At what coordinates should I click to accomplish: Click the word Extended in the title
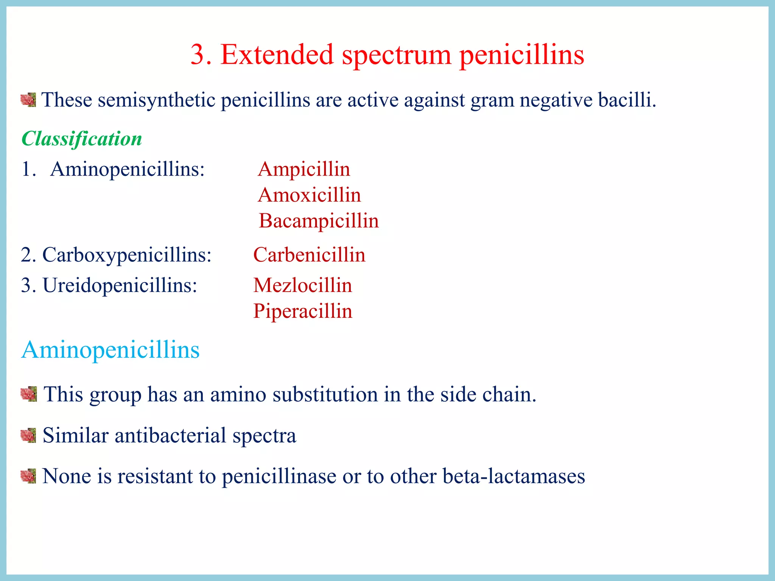click(x=277, y=55)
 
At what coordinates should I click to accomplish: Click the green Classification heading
click(x=82, y=139)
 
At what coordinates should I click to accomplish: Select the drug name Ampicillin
click(x=304, y=169)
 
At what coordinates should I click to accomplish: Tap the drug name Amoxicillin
click(x=309, y=195)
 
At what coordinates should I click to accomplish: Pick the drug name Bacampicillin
click(x=319, y=221)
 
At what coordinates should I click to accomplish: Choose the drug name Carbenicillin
click(x=309, y=255)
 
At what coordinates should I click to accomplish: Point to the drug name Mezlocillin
click(x=302, y=285)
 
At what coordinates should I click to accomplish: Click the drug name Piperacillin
click(x=302, y=311)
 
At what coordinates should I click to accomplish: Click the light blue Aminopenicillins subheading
click(x=110, y=350)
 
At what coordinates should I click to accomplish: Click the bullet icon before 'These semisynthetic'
click(x=28, y=100)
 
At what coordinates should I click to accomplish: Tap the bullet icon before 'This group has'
click(x=29, y=394)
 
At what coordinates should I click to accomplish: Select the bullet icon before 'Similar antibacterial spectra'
click(x=28, y=435)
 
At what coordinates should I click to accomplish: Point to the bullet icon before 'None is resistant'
click(x=28, y=476)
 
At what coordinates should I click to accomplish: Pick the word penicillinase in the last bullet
click(x=279, y=476)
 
